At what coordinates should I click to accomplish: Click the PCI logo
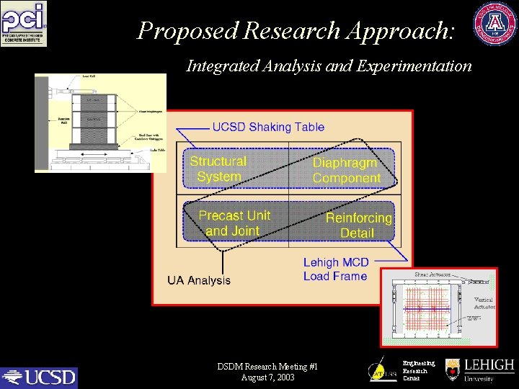(24, 24)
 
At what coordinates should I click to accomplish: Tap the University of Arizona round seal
(494, 24)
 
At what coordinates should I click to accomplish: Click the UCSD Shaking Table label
(268, 128)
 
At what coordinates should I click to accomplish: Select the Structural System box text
(218, 169)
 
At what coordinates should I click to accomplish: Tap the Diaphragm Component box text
(346, 171)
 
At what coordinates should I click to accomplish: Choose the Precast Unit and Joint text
(234, 223)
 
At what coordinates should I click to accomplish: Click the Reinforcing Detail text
(358, 225)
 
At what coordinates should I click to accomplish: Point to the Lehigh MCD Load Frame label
(335, 269)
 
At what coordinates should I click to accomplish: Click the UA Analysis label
(199, 280)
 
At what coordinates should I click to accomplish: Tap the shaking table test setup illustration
(100, 122)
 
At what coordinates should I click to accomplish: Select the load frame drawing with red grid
(438, 307)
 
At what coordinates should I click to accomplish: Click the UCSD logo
(39, 377)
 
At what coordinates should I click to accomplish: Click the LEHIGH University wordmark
(488, 370)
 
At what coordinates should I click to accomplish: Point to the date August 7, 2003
(268, 377)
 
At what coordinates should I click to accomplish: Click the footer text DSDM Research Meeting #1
(267, 367)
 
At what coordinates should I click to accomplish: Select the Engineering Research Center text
(418, 371)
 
